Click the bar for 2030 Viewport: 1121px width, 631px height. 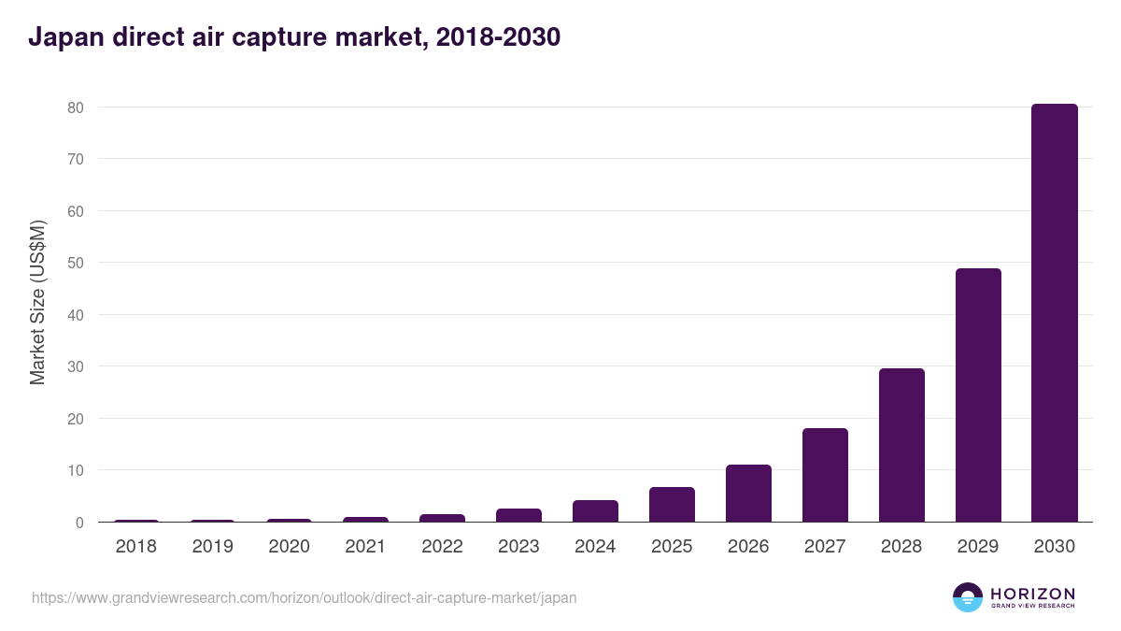coord(1054,313)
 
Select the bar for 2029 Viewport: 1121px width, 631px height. coord(978,395)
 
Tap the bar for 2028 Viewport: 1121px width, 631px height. coord(901,445)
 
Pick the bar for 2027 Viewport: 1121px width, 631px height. coord(825,475)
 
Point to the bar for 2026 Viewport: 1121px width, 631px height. coord(748,494)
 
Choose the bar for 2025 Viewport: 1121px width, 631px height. coord(672,505)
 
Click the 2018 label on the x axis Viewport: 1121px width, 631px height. coord(136,547)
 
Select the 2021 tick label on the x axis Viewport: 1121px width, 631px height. coord(365,547)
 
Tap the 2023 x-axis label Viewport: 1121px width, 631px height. coord(518,547)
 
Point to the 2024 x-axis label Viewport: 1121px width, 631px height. coord(595,547)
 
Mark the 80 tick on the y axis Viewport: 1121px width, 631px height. coord(76,108)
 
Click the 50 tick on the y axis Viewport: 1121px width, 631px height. coord(76,263)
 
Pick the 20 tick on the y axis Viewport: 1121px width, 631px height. coord(76,419)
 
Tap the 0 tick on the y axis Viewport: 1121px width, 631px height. coord(80,523)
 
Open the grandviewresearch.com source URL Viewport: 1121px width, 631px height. coord(305,597)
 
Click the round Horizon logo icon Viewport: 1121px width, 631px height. coord(968,597)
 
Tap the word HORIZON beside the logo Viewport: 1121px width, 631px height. coord(1032,594)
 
